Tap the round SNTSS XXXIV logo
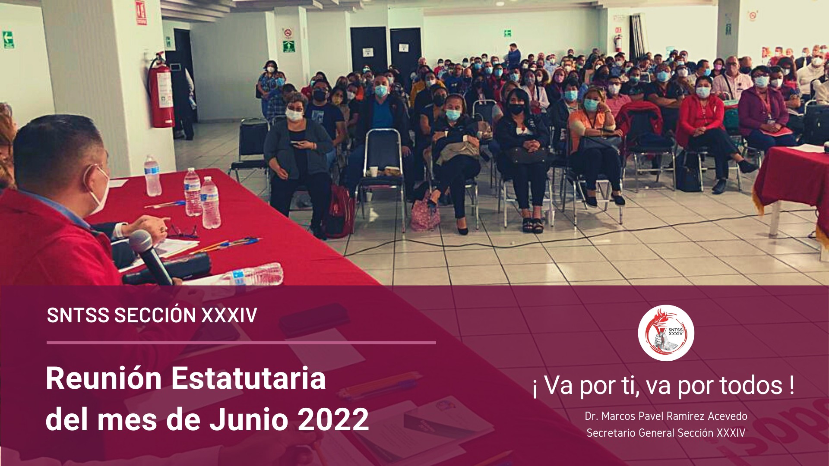[x=666, y=333]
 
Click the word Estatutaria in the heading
[x=248, y=378]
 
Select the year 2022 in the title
[x=333, y=419]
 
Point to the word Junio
[x=249, y=419]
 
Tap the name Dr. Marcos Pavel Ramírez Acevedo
[x=666, y=416]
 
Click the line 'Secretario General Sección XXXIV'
[x=666, y=433]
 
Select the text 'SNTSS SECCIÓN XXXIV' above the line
[x=152, y=315]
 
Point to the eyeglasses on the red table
[x=183, y=232]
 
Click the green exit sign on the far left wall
[x=8, y=39]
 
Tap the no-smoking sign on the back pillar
[x=288, y=33]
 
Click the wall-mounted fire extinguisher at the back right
[x=618, y=43]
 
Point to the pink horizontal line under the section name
[x=241, y=343]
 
